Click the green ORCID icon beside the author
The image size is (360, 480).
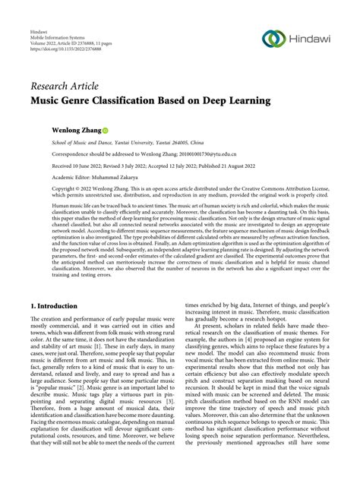[105, 131]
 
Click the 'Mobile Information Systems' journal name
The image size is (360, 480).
[59, 44]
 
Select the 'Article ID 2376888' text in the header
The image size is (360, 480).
[94, 51]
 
